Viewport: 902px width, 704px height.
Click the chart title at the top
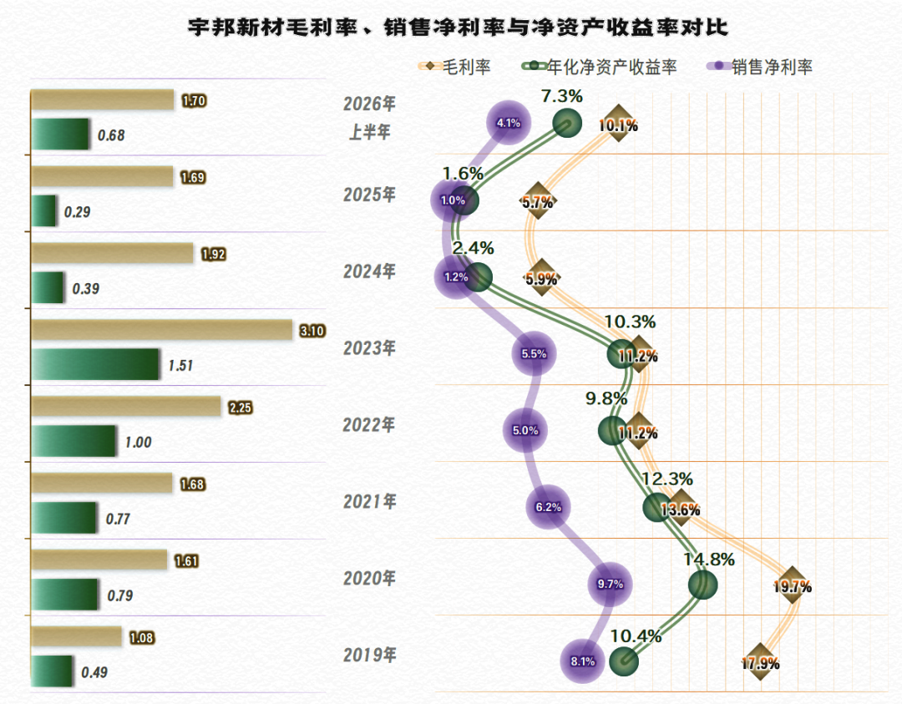[458, 27]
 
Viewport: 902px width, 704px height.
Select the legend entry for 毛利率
[454, 67]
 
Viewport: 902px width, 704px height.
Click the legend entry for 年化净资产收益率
[599, 67]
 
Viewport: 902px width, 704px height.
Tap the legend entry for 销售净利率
[759, 67]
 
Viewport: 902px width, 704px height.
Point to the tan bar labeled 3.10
[162, 330]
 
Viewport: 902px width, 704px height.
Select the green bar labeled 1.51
[95, 364]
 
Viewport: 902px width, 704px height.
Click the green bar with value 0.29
[43, 210]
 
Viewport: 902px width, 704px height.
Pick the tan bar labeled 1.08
[77, 636]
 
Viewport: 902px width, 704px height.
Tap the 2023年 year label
[369, 348]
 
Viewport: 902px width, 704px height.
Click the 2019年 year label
[369, 655]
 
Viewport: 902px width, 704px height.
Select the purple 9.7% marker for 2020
[610, 584]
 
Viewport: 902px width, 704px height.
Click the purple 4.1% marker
[509, 123]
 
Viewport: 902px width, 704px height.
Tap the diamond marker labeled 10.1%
[618, 124]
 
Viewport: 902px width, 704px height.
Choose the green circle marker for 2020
[703, 585]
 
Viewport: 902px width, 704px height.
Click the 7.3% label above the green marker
[562, 96]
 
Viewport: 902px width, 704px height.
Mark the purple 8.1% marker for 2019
[583, 661]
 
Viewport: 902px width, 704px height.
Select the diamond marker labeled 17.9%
[760, 662]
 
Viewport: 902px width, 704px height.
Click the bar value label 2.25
[241, 408]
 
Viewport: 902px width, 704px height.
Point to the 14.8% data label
[709, 560]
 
